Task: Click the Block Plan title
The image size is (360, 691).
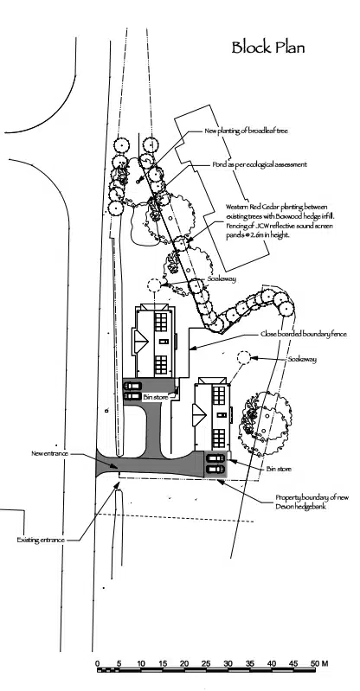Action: pos(267,48)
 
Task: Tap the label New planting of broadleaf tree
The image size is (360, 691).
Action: pos(246,131)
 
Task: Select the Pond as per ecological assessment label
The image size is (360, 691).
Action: pos(260,164)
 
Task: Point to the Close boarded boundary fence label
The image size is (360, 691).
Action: pos(304,334)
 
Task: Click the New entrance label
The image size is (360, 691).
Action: pos(50,453)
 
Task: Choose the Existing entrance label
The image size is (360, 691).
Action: pos(41,540)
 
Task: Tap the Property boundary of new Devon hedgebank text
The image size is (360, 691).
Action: pos(312,502)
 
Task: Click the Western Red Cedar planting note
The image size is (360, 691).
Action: pos(280,221)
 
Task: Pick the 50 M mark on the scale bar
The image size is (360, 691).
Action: pos(320,663)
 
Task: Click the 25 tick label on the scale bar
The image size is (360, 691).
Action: pos(206,663)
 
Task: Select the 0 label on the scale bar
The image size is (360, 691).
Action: pos(98,663)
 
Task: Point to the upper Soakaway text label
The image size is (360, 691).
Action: pos(222,279)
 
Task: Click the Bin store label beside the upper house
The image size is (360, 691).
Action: pos(155,398)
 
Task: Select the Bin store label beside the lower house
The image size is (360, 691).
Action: pos(279,470)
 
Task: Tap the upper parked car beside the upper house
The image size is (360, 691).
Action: pos(132,387)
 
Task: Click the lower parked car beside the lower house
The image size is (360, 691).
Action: pos(215,469)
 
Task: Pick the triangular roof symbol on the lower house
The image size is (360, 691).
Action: pos(199,416)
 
